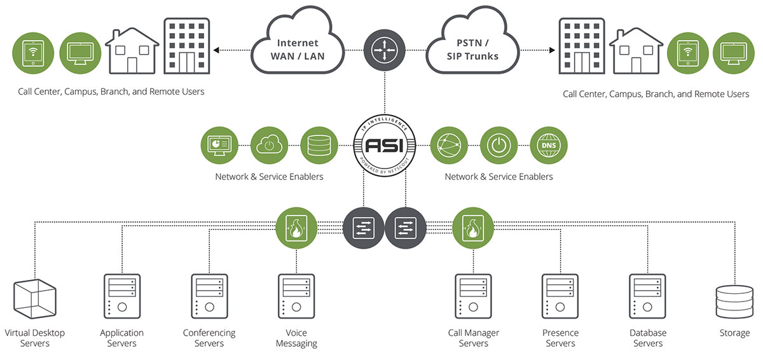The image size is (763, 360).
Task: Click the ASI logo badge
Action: pyautogui.click(x=384, y=145)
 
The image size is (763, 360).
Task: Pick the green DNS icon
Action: pyautogui.click(x=548, y=145)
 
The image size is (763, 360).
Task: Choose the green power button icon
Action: pyautogui.click(x=498, y=145)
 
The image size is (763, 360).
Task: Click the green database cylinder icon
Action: pyautogui.click(x=319, y=145)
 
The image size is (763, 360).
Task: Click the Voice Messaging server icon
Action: pyautogui.click(x=296, y=296)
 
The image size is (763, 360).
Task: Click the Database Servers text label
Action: pyautogui.click(x=648, y=338)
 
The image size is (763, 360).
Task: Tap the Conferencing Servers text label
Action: pyautogui.click(x=209, y=338)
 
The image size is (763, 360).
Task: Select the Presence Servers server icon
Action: pyautogui.click(x=560, y=296)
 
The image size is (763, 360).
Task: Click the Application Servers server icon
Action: pyautogui.click(x=121, y=296)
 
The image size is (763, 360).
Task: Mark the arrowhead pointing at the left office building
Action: pyautogui.click(x=216, y=50)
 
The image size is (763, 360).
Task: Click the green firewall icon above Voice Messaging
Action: pyautogui.click(x=296, y=228)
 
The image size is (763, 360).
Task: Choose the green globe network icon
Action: pyautogui.click(x=449, y=145)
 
